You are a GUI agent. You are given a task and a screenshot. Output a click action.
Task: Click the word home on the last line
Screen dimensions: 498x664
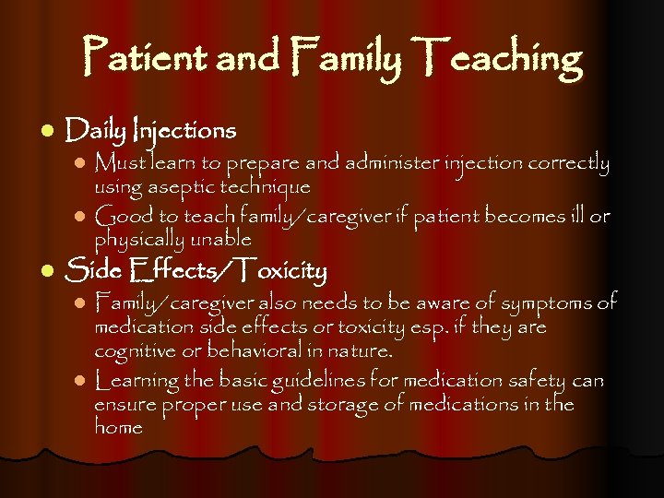pyautogui.click(x=118, y=427)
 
